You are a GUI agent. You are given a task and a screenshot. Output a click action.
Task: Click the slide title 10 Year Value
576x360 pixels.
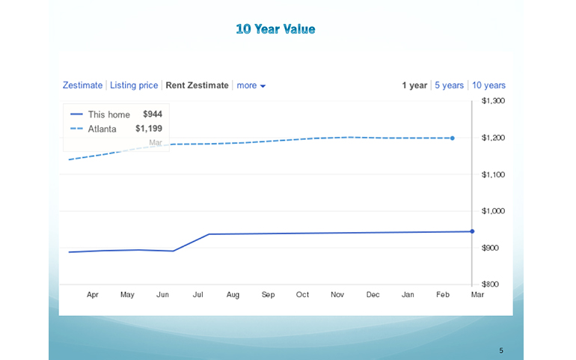275,29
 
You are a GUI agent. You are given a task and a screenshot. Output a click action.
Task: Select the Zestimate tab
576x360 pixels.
82,85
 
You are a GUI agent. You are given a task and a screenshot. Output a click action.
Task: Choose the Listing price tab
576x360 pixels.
134,85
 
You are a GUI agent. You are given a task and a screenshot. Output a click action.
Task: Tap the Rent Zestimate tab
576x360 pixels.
197,85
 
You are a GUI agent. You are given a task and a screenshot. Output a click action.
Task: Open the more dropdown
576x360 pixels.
251,85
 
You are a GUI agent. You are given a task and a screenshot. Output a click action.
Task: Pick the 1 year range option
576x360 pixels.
414,85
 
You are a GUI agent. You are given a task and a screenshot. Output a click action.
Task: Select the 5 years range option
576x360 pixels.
449,85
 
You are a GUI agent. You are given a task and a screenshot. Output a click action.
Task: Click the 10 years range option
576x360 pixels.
488,85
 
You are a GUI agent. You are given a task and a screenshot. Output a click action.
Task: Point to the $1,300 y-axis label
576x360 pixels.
493,100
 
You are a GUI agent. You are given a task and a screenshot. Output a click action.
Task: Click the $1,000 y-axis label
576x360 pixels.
493,211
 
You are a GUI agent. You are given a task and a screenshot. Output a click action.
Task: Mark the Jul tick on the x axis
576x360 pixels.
198,295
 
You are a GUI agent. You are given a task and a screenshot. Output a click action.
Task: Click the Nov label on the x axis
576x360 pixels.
338,295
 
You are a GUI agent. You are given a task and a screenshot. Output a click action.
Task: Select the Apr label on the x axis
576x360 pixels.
93,295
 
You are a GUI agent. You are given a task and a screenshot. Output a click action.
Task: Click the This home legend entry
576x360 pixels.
108,115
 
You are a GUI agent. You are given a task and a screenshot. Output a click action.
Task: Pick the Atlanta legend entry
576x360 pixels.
102,129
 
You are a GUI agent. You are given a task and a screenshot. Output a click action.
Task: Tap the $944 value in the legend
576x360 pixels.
153,115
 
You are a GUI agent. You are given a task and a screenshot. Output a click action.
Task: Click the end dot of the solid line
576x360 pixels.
472,231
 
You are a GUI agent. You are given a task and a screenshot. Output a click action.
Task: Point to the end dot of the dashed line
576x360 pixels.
453,138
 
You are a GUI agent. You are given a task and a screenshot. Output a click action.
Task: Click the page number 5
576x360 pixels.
501,350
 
